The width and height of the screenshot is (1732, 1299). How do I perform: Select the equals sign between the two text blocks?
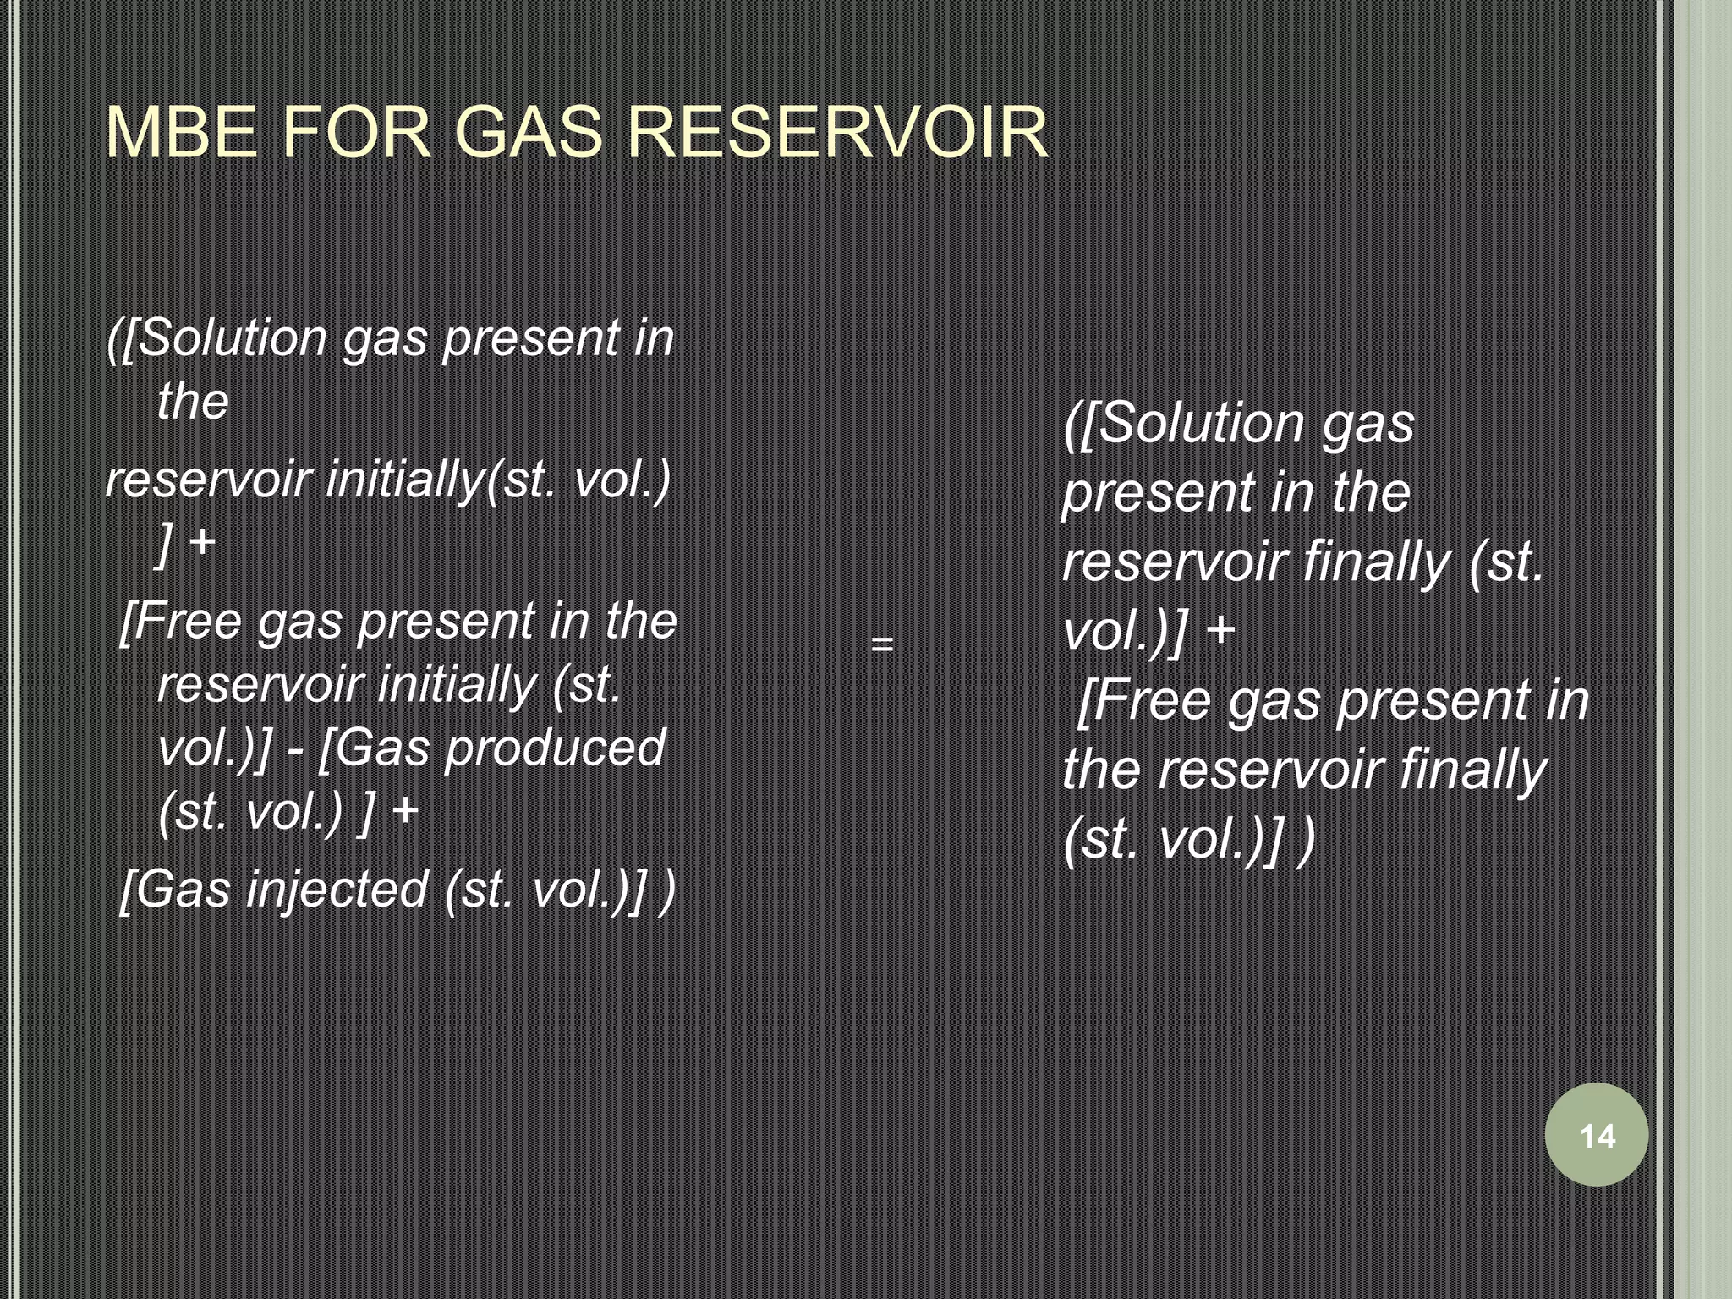pos(882,644)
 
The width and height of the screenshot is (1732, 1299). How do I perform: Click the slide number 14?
pos(1597,1136)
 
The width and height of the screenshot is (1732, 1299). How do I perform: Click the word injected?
pos(337,891)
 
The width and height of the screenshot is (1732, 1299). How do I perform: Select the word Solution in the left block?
pos(231,338)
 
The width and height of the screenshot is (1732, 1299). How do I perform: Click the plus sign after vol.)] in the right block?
pos(1221,632)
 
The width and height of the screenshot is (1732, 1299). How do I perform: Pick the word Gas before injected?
pos(183,891)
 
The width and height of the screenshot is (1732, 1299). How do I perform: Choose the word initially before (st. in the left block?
pos(457,685)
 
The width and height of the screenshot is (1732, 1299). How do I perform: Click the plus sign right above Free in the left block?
pos(203,542)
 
